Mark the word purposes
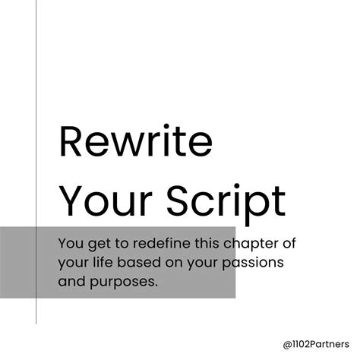[x=115, y=282]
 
